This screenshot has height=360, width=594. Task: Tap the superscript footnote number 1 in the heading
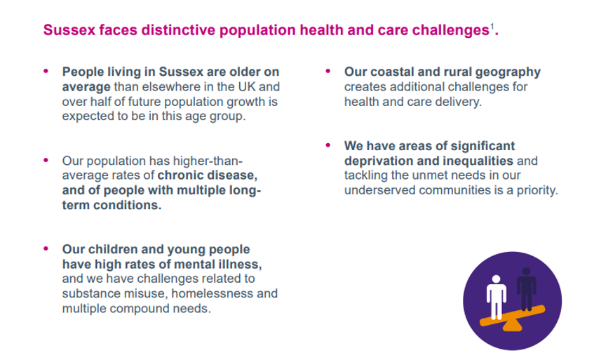[x=492, y=26]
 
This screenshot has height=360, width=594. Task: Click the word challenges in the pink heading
[x=451, y=31]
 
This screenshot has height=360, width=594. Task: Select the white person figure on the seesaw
[x=497, y=298]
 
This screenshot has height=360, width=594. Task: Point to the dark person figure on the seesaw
[x=526, y=288]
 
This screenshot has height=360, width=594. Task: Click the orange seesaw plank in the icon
[x=513, y=316]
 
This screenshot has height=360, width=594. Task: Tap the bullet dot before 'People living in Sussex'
[x=46, y=71]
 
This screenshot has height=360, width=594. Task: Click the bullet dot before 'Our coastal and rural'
[x=328, y=71]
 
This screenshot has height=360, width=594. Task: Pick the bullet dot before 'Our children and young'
[x=46, y=248]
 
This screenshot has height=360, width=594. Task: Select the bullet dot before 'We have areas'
[x=328, y=145]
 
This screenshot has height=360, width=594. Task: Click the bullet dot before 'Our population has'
[x=46, y=160]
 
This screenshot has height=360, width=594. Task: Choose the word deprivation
[x=379, y=161]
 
